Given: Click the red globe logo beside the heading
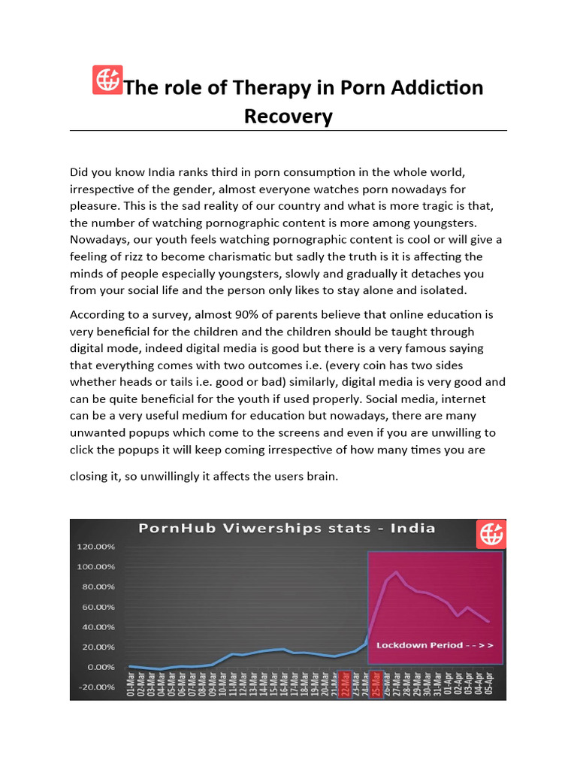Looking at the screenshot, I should point(107,80).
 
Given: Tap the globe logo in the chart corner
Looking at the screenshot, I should point(491,534).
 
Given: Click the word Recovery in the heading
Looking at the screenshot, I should point(288,117).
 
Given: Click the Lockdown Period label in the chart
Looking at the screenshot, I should point(435,645).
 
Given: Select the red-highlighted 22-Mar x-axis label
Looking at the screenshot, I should point(346,684).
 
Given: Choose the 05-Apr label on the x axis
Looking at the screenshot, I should point(489,684).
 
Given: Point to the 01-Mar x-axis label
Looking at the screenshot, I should point(131,684).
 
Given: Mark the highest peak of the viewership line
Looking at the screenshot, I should point(397,572).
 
